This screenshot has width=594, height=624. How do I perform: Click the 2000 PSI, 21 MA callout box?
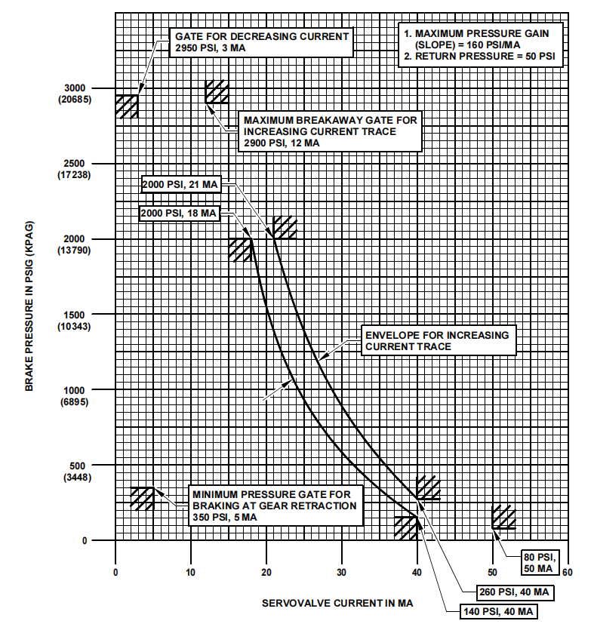point(180,183)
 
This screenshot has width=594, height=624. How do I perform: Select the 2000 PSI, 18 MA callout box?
point(178,214)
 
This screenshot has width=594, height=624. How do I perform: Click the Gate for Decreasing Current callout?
point(262,42)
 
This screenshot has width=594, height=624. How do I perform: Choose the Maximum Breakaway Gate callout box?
point(328,131)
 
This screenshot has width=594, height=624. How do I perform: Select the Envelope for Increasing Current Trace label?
point(437,340)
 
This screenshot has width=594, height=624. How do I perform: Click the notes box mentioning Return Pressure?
point(482,45)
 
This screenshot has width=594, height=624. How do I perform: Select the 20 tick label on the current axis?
point(266,571)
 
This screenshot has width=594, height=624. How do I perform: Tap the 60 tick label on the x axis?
point(568,571)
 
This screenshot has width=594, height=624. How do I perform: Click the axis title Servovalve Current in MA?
point(337,604)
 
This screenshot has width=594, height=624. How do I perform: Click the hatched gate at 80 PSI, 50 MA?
point(503,517)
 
